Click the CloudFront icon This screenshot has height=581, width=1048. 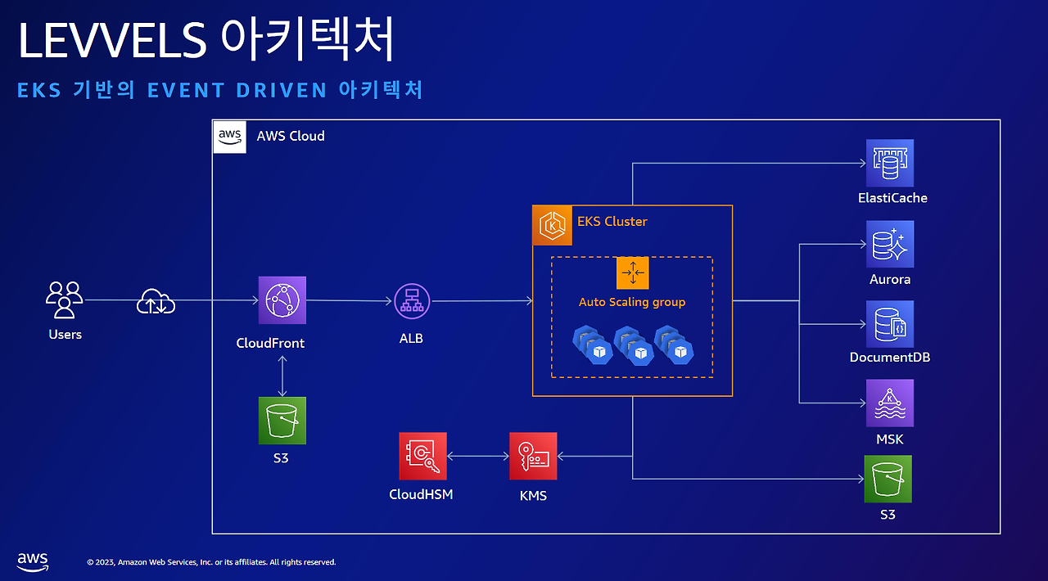tap(282, 300)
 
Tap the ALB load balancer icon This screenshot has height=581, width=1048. tap(412, 301)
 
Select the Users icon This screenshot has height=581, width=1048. tap(65, 300)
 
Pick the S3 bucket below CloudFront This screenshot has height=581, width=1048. tap(282, 421)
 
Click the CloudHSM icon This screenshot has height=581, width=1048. tap(423, 456)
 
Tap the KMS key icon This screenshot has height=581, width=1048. tap(533, 456)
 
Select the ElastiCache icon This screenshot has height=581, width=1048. tap(890, 163)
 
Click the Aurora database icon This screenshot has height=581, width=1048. tap(890, 244)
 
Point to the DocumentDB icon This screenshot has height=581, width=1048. tap(890, 324)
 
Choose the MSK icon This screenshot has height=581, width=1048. tap(890, 403)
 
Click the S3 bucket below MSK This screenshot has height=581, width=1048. tap(888, 479)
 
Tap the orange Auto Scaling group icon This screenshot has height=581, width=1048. tap(633, 272)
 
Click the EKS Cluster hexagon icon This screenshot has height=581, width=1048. tap(553, 226)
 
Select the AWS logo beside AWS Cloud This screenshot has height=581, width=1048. tap(230, 137)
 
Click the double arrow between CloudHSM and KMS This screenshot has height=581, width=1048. tap(478, 456)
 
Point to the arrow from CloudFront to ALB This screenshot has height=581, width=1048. tap(349, 301)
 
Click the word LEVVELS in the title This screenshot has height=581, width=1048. tap(112, 40)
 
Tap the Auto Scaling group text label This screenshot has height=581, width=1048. tap(632, 302)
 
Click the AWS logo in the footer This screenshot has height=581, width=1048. tap(33, 562)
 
